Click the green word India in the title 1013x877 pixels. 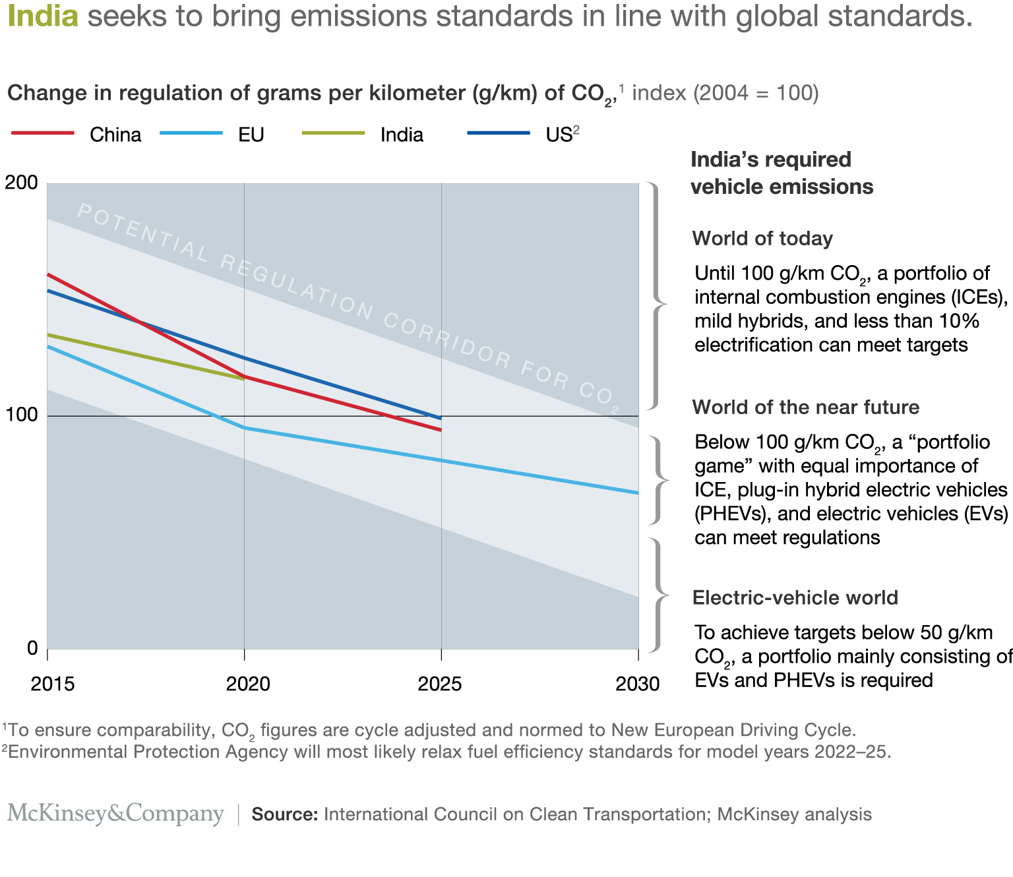click(x=43, y=16)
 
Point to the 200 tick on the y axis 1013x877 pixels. click(x=21, y=183)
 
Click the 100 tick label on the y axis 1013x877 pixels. click(x=21, y=415)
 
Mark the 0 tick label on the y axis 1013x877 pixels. click(x=32, y=648)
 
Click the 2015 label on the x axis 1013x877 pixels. click(x=52, y=684)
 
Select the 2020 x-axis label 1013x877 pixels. click(x=248, y=684)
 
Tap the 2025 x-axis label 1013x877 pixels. click(x=440, y=684)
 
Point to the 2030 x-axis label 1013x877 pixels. click(x=637, y=684)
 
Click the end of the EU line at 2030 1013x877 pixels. click(x=637, y=493)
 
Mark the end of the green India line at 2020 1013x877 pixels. click(x=243, y=378)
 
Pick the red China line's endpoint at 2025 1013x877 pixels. click(x=440, y=429)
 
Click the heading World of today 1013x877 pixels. click(x=762, y=239)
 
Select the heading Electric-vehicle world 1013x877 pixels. click(x=795, y=597)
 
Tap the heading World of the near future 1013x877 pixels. click(x=805, y=407)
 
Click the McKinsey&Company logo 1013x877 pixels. click(x=116, y=814)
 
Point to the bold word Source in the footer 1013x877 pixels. click(x=285, y=814)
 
